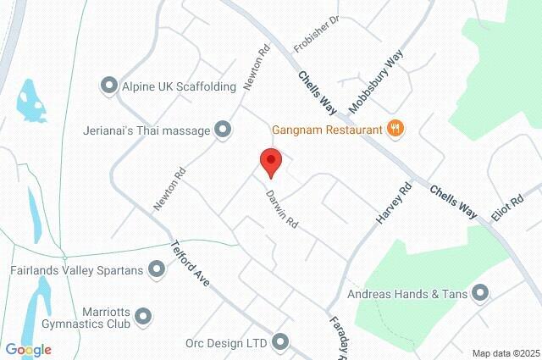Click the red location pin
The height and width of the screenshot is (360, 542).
[x=270, y=161]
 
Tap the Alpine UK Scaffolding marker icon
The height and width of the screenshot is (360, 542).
[x=108, y=85]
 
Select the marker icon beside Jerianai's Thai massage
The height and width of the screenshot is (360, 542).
[x=223, y=129]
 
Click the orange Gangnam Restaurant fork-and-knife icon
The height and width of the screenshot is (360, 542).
[x=395, y=129]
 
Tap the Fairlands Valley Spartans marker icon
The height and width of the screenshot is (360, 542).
[x=156, y=269]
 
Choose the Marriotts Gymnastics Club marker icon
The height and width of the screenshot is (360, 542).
[x=143, y=316]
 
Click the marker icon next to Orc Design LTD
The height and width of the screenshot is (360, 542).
[x=280, y=342]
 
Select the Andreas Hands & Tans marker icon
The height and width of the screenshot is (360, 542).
[x=481, y=294]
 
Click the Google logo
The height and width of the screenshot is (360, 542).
[x=27, y=350]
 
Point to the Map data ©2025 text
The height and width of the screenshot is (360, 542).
[x=506, y=353]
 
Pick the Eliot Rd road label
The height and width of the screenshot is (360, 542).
[x=507, y=208]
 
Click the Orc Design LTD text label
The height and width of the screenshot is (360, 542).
[x=225, y=343]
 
